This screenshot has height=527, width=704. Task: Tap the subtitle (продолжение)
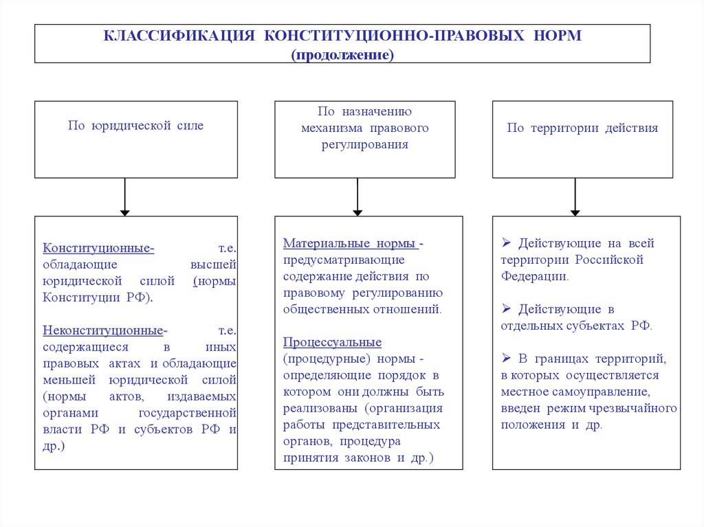(342, 54)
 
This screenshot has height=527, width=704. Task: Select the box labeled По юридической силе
(136, 139)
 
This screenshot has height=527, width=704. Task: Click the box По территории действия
(582, 139)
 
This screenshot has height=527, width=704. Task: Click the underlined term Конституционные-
(98, 248)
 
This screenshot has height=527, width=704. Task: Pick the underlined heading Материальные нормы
(351, 244)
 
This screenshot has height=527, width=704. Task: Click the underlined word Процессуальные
(332, 342)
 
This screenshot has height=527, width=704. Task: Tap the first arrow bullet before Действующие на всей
(506, 243)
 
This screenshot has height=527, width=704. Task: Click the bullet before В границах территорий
(506, 359)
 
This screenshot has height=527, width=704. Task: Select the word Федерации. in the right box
(535, 276)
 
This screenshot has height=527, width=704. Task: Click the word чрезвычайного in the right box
(638, 408)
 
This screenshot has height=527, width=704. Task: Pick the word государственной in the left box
(188, 413)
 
